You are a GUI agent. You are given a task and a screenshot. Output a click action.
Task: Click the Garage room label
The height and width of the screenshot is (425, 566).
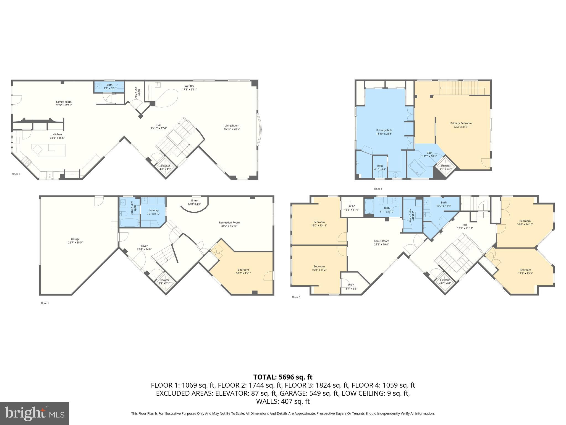click(75, 239)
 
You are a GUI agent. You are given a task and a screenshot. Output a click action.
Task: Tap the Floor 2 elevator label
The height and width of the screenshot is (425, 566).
click(165, 165)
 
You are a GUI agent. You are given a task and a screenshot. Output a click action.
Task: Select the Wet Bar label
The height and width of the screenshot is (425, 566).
click(189, 86)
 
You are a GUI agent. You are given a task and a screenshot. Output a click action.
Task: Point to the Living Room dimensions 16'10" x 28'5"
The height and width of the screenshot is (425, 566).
click(232, 129)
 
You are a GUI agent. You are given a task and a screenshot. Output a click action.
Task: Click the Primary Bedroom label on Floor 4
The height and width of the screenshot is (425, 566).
click(461, 123)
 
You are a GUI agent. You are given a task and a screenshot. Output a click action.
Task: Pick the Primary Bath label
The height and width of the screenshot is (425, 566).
click(384, 130)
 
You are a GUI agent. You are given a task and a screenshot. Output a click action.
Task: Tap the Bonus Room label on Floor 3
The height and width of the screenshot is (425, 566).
click(381, 241)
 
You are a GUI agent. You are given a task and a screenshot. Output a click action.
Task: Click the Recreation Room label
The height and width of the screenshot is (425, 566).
click(229, 222)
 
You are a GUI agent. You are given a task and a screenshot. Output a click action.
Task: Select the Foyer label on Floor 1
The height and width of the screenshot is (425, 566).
click(144, 246)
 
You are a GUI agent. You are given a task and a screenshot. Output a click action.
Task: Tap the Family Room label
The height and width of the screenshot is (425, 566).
click(64, 102)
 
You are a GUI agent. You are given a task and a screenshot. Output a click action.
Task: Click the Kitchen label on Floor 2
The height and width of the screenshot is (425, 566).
click(57, 134)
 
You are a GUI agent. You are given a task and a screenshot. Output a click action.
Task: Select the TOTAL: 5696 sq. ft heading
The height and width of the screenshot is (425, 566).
click(283, 377)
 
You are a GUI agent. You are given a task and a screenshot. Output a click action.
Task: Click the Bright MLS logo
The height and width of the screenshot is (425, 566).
click(35, 413)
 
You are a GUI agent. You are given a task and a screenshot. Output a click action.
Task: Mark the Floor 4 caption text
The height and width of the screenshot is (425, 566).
click(378, 189)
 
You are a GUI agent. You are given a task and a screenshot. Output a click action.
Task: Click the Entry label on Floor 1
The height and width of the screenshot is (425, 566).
click(194, 201)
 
